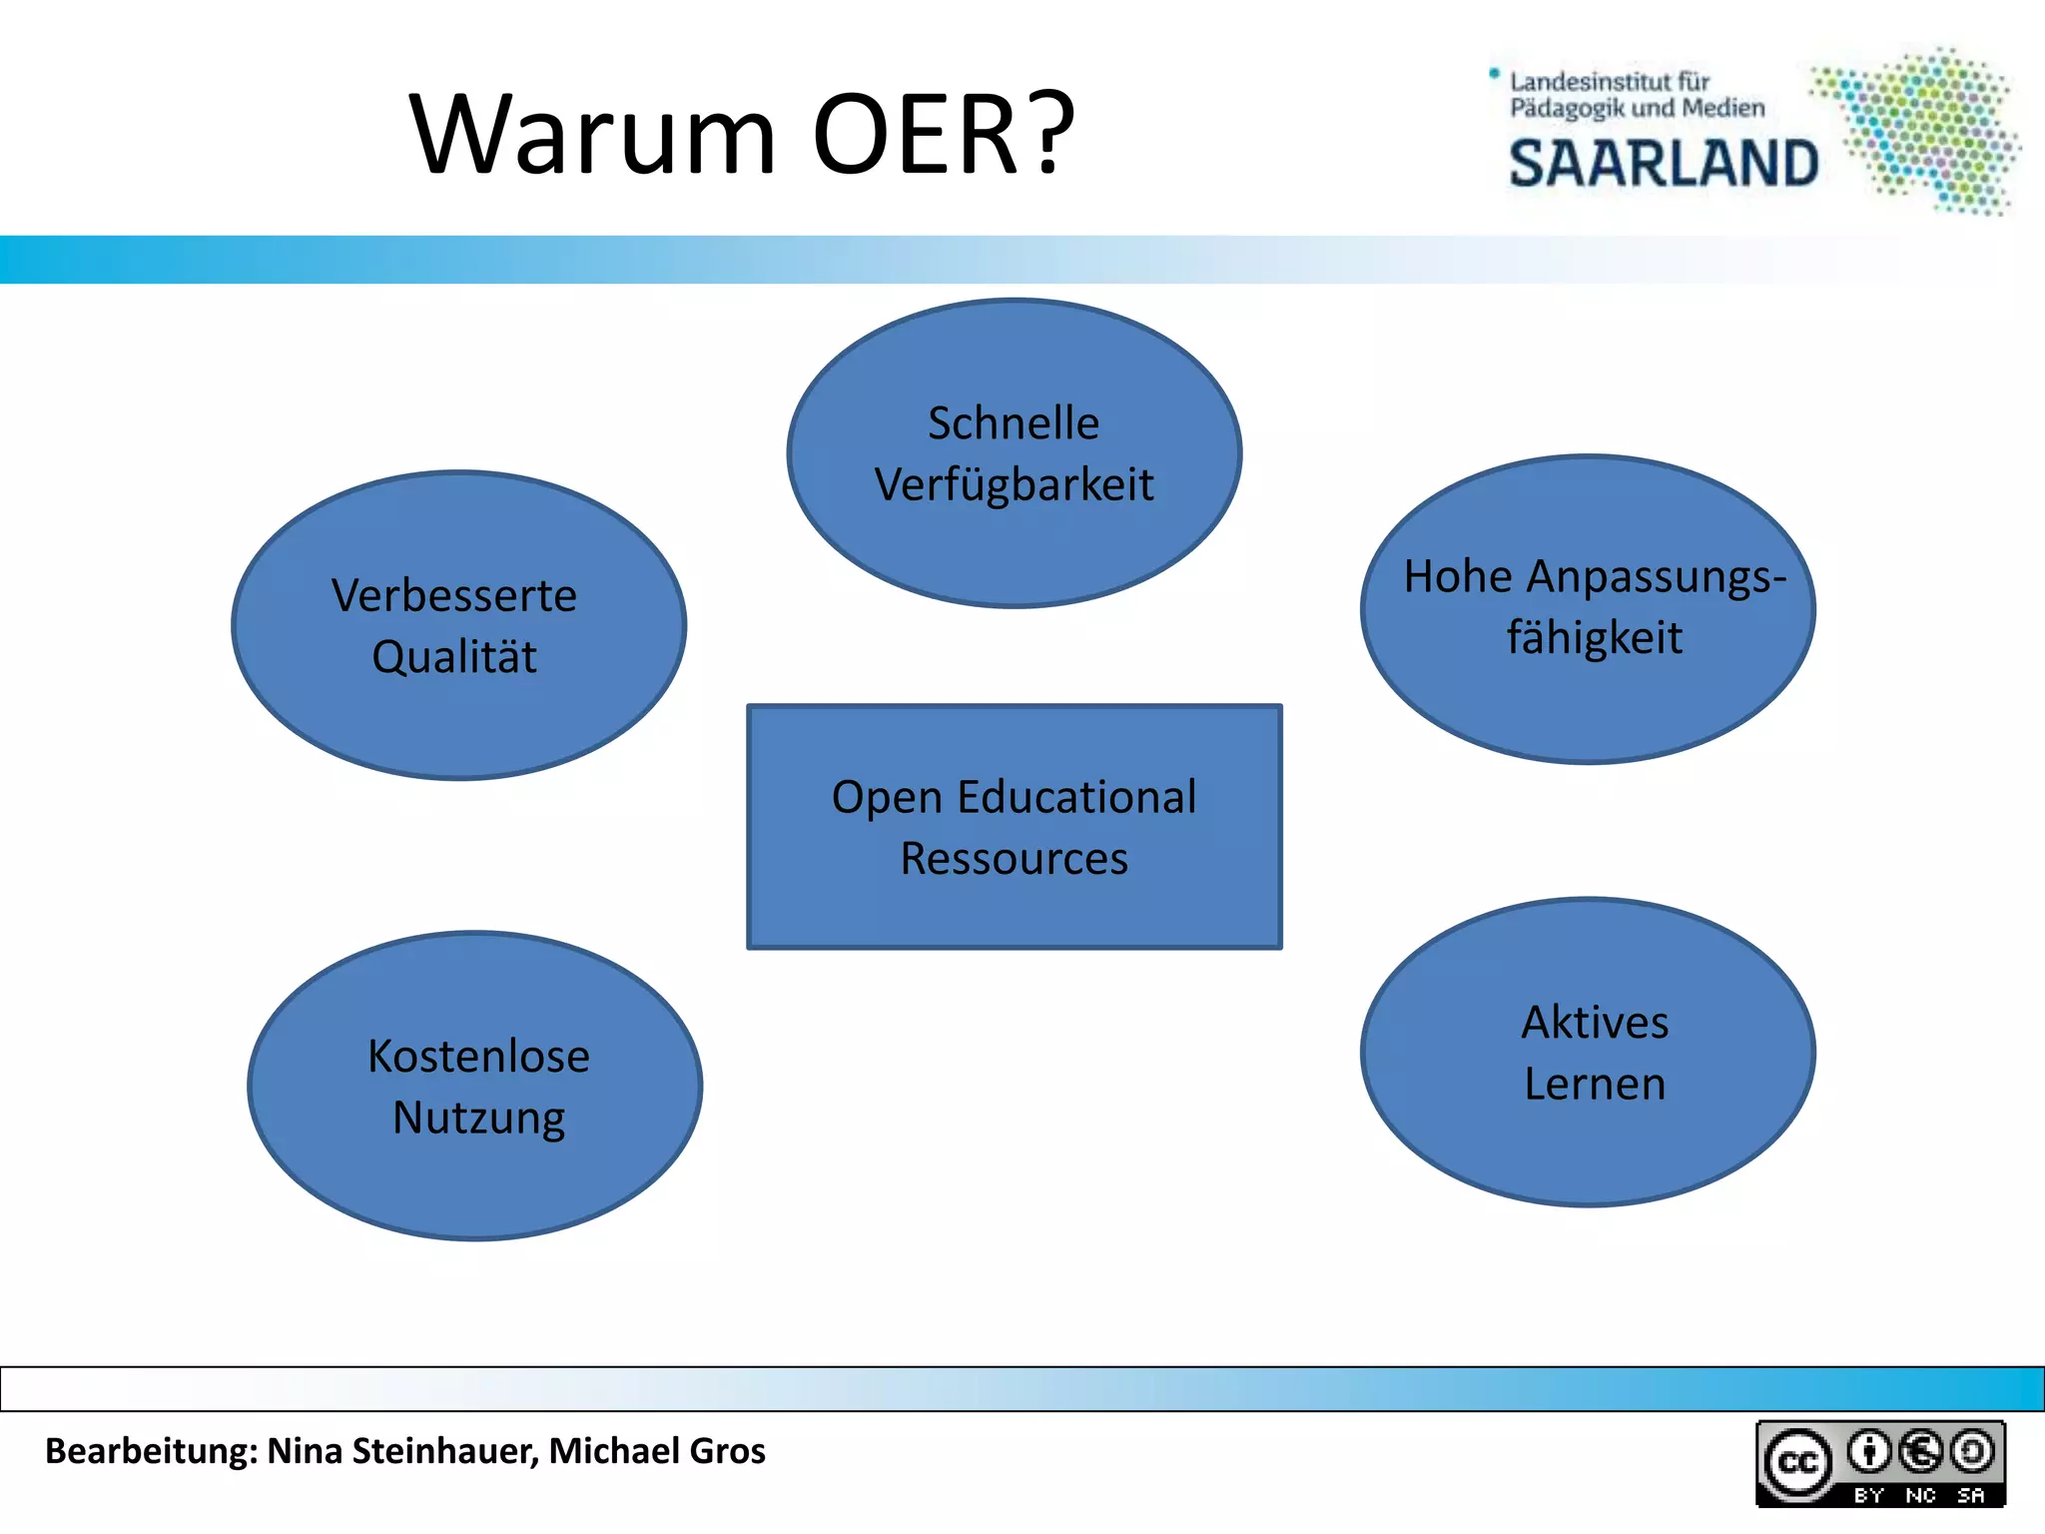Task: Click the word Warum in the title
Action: [593, 135]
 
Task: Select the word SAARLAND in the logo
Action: [1663, 165]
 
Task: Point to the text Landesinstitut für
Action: [1610, 82]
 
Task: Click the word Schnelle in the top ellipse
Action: [1014, 423]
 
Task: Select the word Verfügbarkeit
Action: [1014, 485]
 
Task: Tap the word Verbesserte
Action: [454, 596]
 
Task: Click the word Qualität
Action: [454, 657]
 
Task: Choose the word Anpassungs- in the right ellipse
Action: [1656, 577]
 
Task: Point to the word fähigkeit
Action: [1594, 638]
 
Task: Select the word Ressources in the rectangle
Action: [1014, 859]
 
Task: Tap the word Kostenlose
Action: [478, 1057]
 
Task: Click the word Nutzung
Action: [478, 1118]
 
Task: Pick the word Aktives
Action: [1595, 1023]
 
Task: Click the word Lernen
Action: [1595, 1085]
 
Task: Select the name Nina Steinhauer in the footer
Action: [402, 1451]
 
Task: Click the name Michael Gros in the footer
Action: [657, 1451]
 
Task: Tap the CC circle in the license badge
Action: [1798, 1463]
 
